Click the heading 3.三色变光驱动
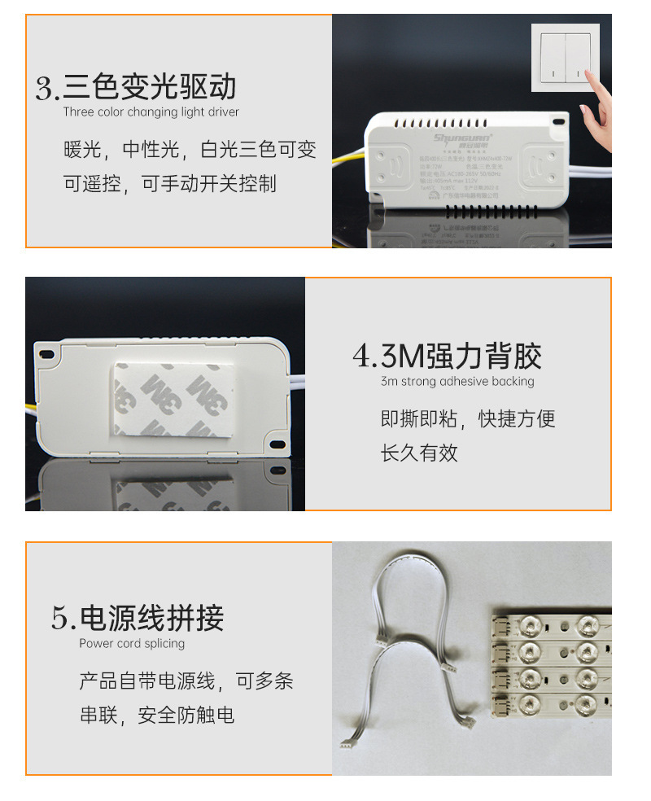pos(136,86)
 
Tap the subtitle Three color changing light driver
pos(151,112)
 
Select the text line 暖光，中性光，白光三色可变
pos(190,150)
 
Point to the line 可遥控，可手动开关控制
pos(170,184)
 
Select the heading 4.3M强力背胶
pos(447,357)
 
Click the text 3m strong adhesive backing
pos(457,381)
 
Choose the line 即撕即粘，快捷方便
pos(468,419)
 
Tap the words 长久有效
pos(419,453)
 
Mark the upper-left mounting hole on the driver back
pos(47,353)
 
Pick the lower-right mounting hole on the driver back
pos(277,444)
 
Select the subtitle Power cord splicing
pos(132,643)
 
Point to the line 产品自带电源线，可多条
pos(186,681)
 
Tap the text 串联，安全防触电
pos(157,715)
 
